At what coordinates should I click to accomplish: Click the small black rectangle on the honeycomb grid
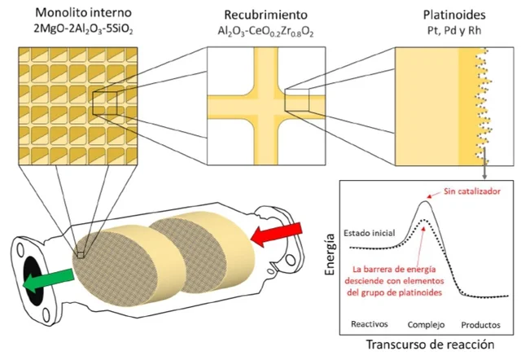pyautogui.click(x=107, y=103)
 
